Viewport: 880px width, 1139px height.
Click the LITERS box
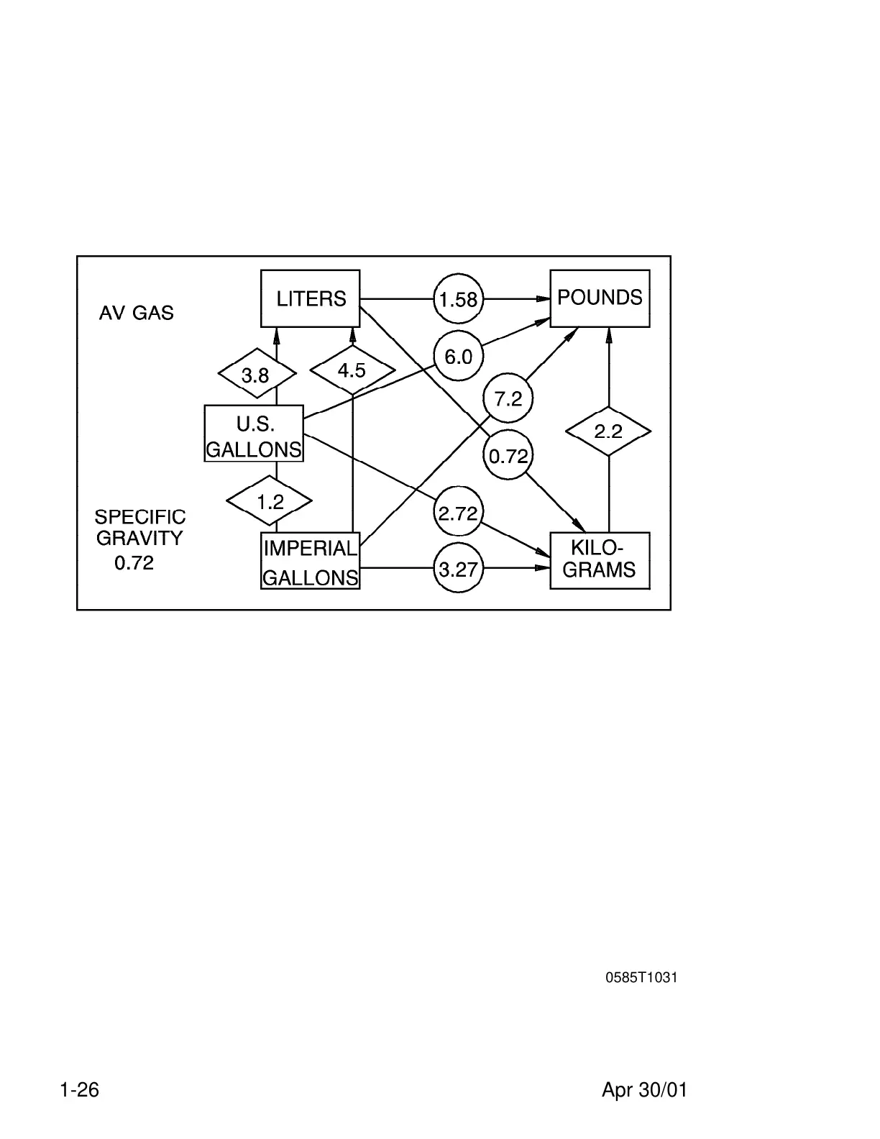[310, 298]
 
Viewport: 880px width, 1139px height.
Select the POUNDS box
[600, 298]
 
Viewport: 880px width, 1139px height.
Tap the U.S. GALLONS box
[254, 434]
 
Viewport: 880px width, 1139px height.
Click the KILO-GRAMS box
[600, 561]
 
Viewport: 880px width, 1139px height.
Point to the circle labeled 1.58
[459, 298]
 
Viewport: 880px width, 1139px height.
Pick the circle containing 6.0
[459, 357]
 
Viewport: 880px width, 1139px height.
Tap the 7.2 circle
[508, 398]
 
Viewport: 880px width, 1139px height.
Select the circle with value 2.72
[458, 513]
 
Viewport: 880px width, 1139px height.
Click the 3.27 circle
[458, 569]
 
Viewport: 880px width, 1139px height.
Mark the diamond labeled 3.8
[257, 375]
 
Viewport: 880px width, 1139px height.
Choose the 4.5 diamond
[352, 371]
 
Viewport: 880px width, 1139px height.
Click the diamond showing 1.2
[270, 501]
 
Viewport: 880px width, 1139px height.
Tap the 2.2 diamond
[608, 431]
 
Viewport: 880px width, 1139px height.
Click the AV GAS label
[137, 314]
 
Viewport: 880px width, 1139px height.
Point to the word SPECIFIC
[140, 517]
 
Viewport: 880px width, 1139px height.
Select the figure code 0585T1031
[641, 978]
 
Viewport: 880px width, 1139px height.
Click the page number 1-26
[80, 1090]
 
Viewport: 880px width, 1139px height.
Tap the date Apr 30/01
[644, 1090]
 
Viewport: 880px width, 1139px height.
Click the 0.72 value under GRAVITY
[134, 563]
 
